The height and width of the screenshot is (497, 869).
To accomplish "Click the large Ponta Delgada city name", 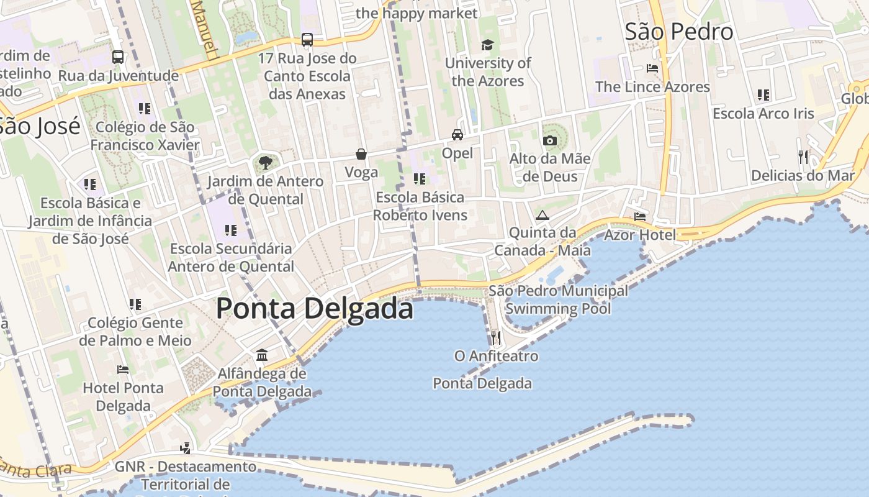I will coord(315,309).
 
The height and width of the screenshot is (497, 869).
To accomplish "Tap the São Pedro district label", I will coord(678,32).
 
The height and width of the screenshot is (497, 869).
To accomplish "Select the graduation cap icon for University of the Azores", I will coord(487,45).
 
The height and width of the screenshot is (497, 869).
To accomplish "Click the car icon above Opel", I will coord(457,134).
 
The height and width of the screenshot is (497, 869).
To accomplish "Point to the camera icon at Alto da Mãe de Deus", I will coord(549,140).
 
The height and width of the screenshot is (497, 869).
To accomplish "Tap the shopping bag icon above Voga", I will coord(361,154).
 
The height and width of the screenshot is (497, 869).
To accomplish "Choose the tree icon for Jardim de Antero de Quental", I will coord(266,163).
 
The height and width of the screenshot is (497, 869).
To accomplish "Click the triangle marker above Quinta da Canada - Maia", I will coord(543,216).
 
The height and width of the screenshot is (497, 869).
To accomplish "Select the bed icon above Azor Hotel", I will coord(640,217).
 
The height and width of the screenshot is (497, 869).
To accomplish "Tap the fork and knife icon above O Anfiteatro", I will coord(495,338).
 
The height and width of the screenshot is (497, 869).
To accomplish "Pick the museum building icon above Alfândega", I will coord(262,355).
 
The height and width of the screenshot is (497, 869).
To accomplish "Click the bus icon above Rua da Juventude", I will coord(118,57).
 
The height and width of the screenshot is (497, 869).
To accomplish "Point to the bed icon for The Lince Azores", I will coord(652,68).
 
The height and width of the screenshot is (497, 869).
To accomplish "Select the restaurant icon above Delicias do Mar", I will coord(803,157).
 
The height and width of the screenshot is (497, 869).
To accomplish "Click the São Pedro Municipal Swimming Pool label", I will coord(558,299).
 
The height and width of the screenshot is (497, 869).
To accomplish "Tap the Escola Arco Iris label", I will coord(763,114).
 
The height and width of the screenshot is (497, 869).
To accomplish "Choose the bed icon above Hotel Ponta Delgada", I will coord(123,370).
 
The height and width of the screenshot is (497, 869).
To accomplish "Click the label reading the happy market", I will coord(417,13).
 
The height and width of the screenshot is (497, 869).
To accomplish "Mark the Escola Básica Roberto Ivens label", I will coord(420,206).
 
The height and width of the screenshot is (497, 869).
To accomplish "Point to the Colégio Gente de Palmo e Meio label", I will coord(135,332).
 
